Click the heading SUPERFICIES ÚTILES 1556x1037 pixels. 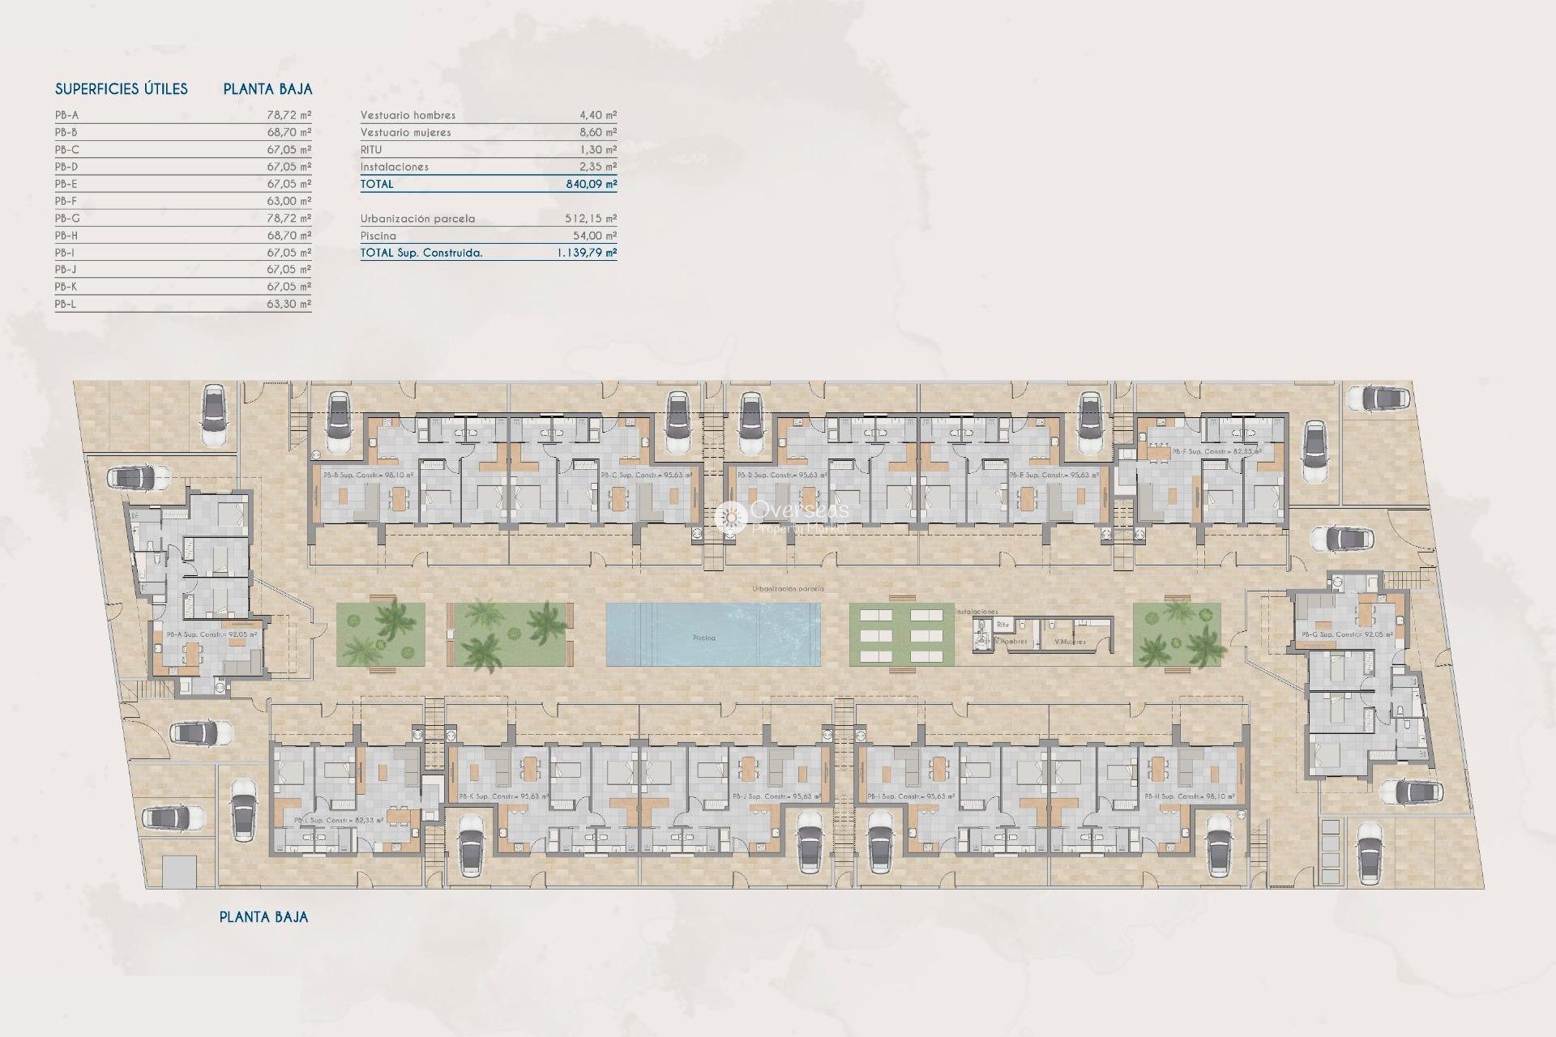coord(122,89)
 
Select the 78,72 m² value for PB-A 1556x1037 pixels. coord(289,115)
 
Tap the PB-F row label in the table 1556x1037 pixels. coord(66,201)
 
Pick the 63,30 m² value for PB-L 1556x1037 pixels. coord(289,304)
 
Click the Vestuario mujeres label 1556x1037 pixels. coord(406,132)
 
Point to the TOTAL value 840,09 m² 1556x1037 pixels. coord(591,184)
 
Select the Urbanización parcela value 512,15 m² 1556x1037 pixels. coord(591,219)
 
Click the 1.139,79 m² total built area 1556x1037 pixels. coord(586,253)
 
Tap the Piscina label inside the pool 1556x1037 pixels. coord(704,638)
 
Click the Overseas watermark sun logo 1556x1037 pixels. coord(731,516)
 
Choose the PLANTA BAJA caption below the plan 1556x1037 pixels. coord(263,917)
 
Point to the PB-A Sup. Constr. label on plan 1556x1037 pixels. coord(212,634)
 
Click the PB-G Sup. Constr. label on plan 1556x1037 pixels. coord(1347,634)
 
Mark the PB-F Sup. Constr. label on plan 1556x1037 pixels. coord(1216,451)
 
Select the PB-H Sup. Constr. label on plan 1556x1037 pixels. coord(1190,797)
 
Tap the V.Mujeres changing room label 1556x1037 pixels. coord(1070,642)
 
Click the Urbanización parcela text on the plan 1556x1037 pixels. coord(788,589)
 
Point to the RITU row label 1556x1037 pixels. coord(371,150)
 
